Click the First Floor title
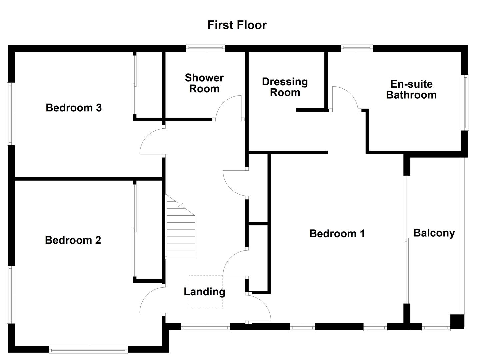(x=237, y=25)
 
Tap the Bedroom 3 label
(x=74, y=108)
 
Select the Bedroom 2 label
(x=73, y=240)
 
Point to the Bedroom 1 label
(x=337, y=233)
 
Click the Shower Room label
(x=204, y=83)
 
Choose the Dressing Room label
(x=285, y=87)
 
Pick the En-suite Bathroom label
(x=411, y=89)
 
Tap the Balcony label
(x=434, y=233)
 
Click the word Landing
(x=204, y=292)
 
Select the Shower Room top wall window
(x=205, y=48)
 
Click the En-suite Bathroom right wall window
(x=465, y=102)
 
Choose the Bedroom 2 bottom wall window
(x=88, y=350)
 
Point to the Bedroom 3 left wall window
(x=11, y=114)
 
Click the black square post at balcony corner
(x=457, y=322)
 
